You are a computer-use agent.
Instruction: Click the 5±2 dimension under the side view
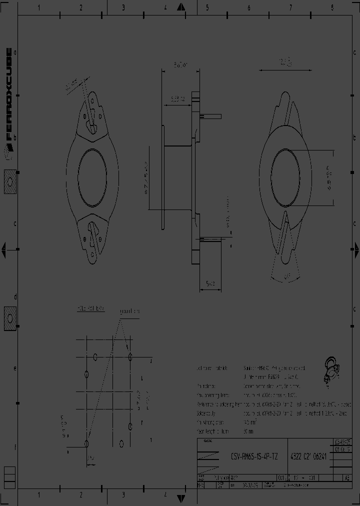click(210, 283)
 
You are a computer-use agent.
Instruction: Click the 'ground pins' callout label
click(130, 311)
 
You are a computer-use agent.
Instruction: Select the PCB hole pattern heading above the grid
click(90, 309)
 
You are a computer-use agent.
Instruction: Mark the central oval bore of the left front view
click(92, 177)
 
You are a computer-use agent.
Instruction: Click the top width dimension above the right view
click(285, 62)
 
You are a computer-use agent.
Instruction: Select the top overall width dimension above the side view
click(180, 65)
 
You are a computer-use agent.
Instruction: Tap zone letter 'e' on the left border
click(15, 368)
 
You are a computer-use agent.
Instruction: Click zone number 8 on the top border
click(332, 7)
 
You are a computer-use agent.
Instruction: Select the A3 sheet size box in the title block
click(346, 477)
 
